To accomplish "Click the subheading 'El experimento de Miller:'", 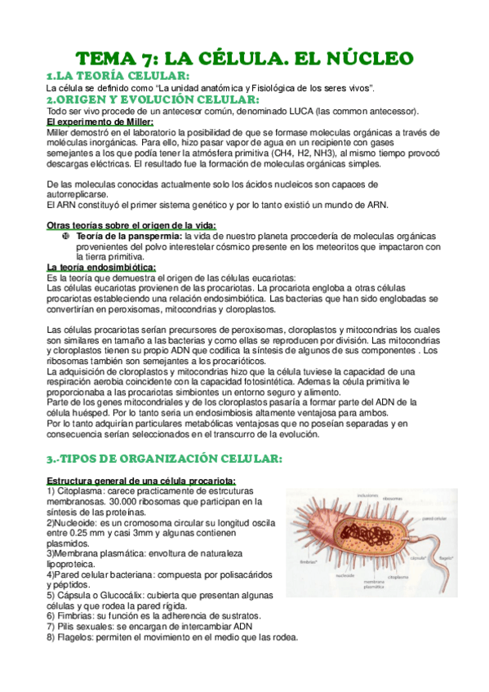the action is pyautogui.click(x=100, y=122).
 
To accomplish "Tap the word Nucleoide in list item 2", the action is pyautogui.click(x=34, y=521).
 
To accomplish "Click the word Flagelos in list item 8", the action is pyautogui.click(x=38, y=637).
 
